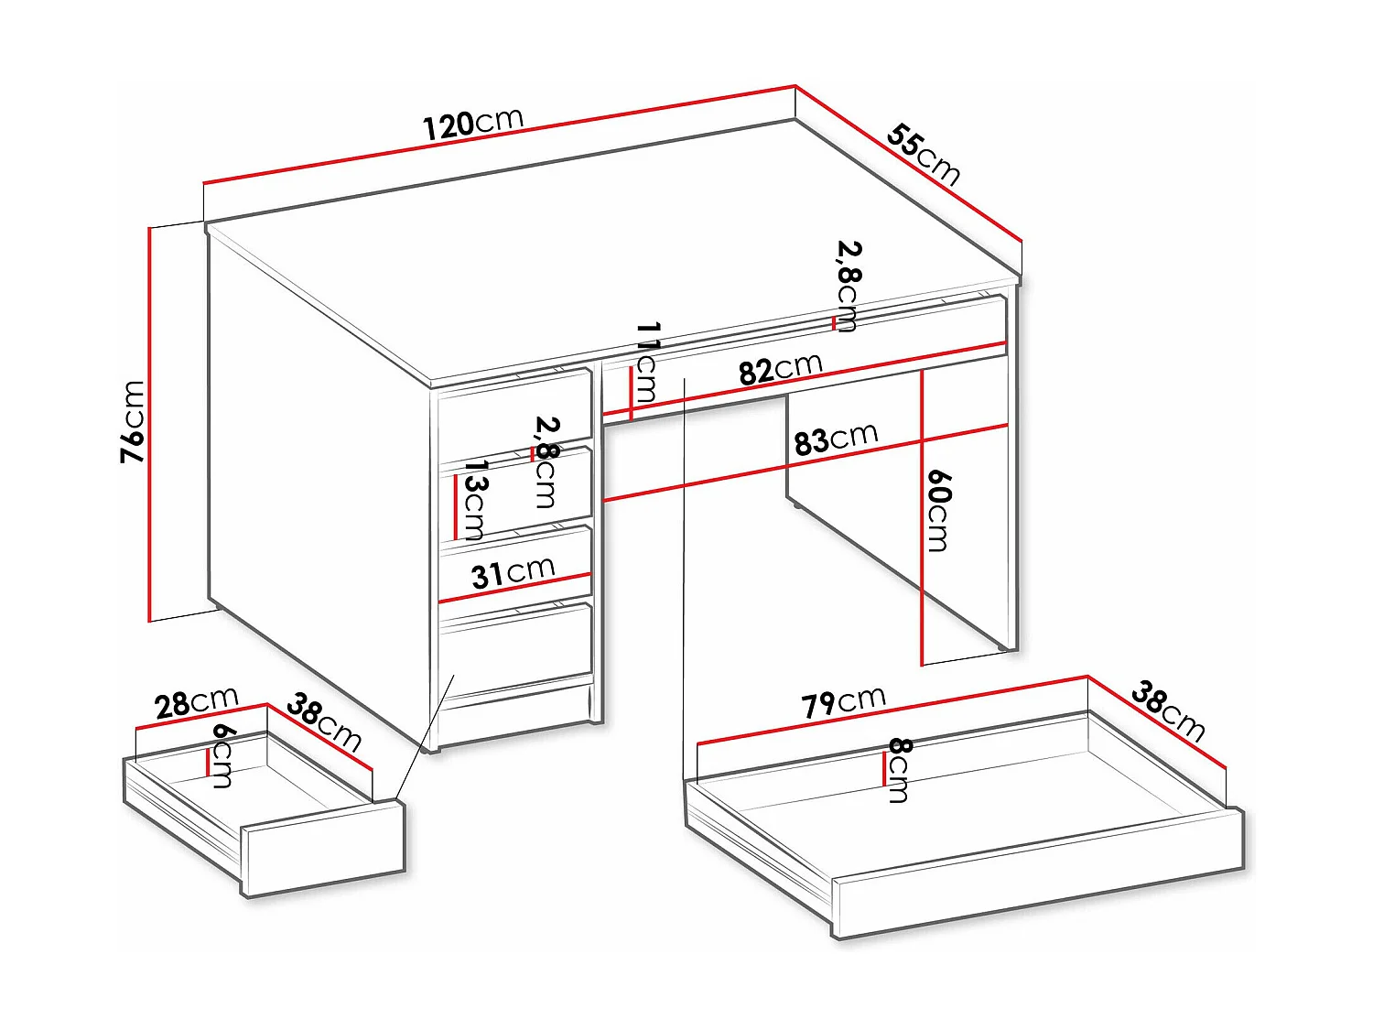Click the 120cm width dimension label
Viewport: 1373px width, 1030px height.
pos(472,124)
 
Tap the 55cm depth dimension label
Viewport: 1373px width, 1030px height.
pos(924,155)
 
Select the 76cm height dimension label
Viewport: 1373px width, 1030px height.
pos(134,421)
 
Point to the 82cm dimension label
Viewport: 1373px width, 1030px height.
pos(780,369)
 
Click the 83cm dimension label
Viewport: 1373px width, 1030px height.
pos(835,439)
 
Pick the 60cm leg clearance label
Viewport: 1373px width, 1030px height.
pos(939,510)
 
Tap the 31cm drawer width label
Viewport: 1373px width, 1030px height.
pos(513,573)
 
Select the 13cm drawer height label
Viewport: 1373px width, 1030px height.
pos(474,500)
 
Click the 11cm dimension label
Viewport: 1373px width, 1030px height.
pos(647,363)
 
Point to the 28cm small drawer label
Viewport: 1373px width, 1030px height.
pos(196,702)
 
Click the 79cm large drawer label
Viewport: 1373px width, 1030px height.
pos(843,702)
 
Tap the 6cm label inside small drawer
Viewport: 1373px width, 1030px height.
pos(222,754)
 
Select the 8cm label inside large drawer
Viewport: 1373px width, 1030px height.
pos(899,770)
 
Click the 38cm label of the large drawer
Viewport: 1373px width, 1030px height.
pos(1168,710)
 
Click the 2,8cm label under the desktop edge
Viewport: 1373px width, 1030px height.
pos(848,285)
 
